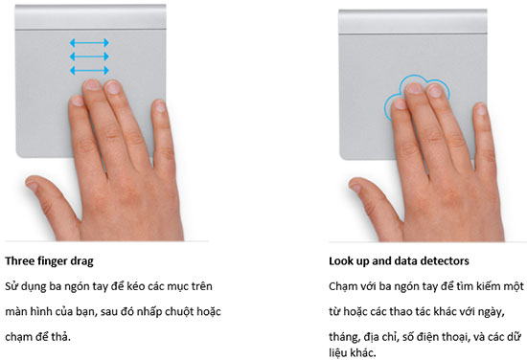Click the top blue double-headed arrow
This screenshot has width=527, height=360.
89,43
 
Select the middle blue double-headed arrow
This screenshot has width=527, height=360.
89,56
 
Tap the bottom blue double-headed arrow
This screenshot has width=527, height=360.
89,70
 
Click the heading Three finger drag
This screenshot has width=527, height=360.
49,261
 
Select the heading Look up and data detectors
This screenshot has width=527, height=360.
399,261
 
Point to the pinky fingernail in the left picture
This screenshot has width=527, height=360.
160,106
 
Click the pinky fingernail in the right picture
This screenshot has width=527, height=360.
481,109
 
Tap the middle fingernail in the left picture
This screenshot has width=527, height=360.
91,84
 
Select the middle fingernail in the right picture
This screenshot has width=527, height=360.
414,88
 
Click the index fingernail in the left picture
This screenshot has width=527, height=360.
78,101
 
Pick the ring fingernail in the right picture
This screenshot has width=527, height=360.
436,91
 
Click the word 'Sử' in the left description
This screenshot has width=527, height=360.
11,286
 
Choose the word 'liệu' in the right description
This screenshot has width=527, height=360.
338,352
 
